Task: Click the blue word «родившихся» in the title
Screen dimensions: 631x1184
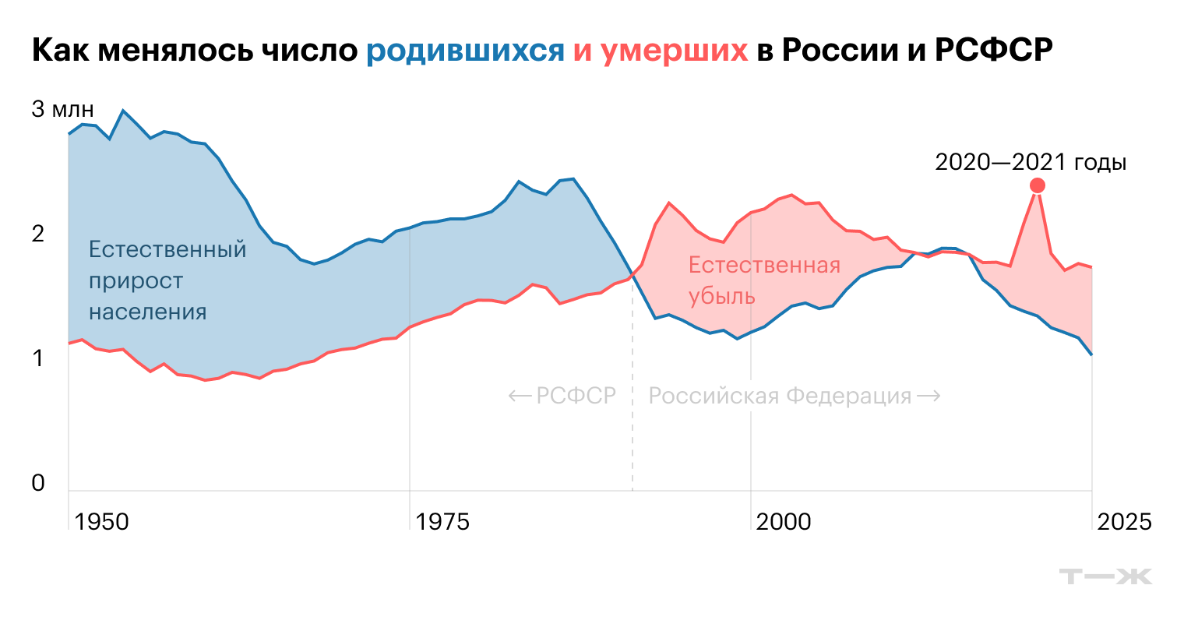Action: point(465,51)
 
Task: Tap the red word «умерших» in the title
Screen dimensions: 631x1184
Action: point(674,51)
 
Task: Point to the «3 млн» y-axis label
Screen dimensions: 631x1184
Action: point(62,109)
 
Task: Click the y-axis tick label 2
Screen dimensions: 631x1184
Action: point(38,234)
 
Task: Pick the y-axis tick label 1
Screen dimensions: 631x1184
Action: point(38,358)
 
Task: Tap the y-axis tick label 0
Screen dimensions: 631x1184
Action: point(38,483)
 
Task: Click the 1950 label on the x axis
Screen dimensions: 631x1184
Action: point(102,521)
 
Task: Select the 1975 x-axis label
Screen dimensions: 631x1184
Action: point(442,521)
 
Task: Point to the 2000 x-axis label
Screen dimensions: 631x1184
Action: point(784,521)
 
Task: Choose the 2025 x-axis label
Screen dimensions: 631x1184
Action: point(1124,521)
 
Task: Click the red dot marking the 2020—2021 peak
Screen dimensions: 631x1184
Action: point(1037,185)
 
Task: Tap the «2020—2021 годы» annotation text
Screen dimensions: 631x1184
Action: point(1031,162)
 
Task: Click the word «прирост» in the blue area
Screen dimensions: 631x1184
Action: point(136,281)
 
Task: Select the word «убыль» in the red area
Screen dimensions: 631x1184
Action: point(722,297)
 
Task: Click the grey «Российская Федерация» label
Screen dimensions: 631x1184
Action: point(781,396)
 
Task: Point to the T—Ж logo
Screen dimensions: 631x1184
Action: point(1105,576)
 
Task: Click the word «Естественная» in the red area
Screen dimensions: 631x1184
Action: point(764,266)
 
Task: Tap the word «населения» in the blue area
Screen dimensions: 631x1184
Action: point(147,312)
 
